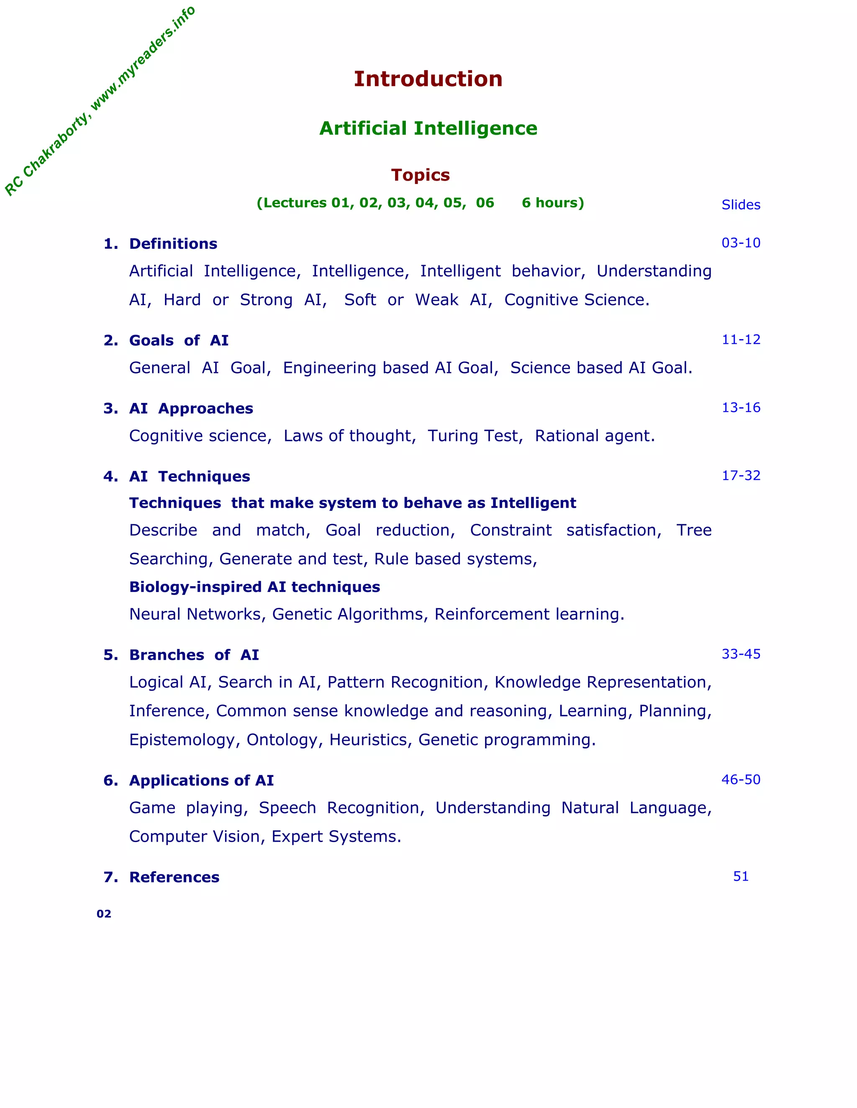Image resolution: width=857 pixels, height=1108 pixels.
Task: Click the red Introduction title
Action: point(428,79)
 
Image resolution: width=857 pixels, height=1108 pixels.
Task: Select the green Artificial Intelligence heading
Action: point(428,128)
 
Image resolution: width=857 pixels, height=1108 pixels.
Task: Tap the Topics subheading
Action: point(421,175)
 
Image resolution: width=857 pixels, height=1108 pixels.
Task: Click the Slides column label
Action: point(741,205)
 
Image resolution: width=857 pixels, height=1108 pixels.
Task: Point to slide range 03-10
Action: point(741,243)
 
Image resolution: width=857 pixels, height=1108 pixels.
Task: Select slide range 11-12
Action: point(741,340)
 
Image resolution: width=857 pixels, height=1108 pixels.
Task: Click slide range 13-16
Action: point(741,408)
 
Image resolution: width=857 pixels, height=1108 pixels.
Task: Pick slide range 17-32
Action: point(741,476)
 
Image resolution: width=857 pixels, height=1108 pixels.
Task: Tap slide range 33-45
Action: point(741,654)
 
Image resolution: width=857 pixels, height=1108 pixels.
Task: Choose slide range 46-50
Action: point(741,780)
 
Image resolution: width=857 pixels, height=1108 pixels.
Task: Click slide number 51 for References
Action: point(741,877)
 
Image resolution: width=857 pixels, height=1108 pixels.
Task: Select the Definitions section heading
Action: point(173,244)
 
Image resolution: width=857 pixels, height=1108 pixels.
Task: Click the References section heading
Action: point(174,878)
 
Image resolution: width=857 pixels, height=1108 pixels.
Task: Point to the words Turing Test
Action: point(475,436)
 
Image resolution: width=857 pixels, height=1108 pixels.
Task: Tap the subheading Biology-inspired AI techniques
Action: point(254,587)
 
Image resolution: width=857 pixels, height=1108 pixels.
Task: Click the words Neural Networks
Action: point(195,614)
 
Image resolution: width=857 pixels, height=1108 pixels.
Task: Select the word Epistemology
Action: point(183,740)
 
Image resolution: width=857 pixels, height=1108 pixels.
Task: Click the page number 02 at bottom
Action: point(104,914)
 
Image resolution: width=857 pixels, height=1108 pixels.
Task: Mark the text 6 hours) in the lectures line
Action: point(553,203)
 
